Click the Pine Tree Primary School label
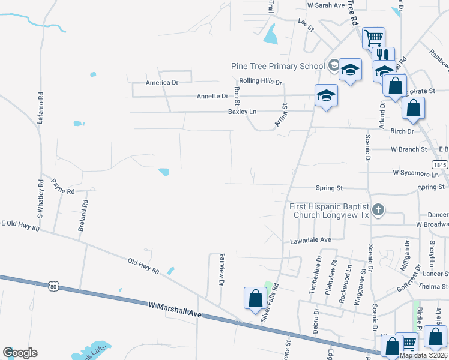[278, 65]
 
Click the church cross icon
[378, 209]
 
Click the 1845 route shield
[440, 164]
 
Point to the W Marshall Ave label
[175, 310]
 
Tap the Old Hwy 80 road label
[143, 266]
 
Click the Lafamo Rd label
[41, 107]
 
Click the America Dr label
[163, 83]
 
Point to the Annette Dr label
[212, 96]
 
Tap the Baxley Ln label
[241, 112]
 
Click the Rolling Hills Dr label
[260, 82]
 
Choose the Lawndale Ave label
[310, 239]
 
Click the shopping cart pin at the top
[373, 38]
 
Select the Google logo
[20, 353]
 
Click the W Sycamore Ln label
[415, 173]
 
